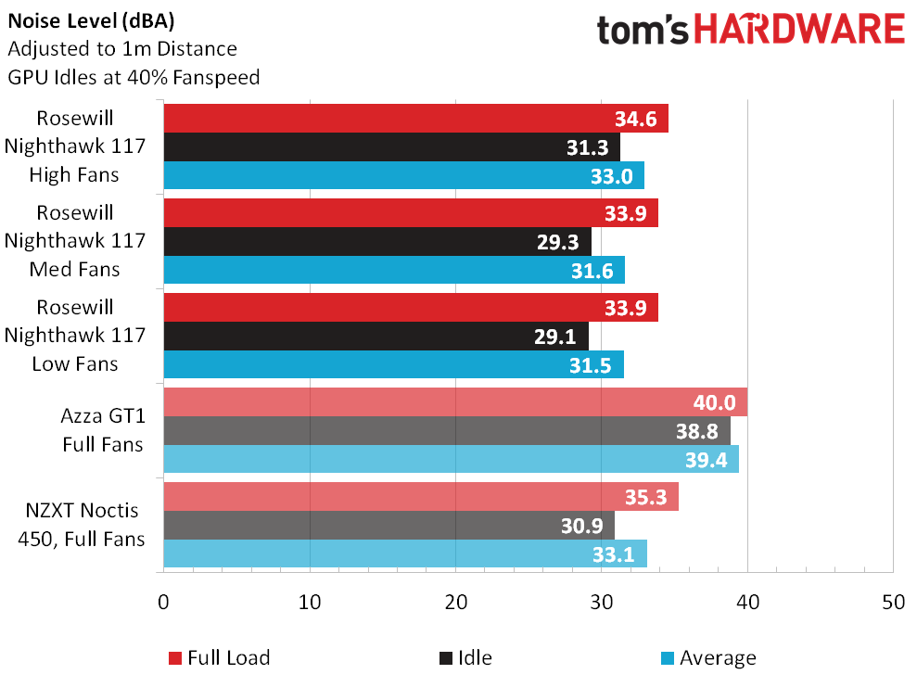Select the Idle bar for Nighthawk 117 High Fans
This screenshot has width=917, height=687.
(x=391, y=147)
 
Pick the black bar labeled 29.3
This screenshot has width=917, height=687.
(x=376, y=242)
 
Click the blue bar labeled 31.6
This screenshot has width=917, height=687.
(x=393, y=271)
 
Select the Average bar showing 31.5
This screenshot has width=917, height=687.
(x=393, y=365)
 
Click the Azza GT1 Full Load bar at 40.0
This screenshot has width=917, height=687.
(x=454, y=402)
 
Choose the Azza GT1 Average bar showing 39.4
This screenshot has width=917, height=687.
(x=451, y=460)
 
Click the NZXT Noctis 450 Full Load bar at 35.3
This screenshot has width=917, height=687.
(x=421, y=497)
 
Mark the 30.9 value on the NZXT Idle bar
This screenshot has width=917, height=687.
(x=583, y=526)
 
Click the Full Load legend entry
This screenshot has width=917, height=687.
(x=220, y=658)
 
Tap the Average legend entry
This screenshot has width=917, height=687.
(x=708, y=658)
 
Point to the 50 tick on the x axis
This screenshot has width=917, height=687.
(x=893, y=602)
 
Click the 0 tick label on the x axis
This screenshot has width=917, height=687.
(x=164, y=602)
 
